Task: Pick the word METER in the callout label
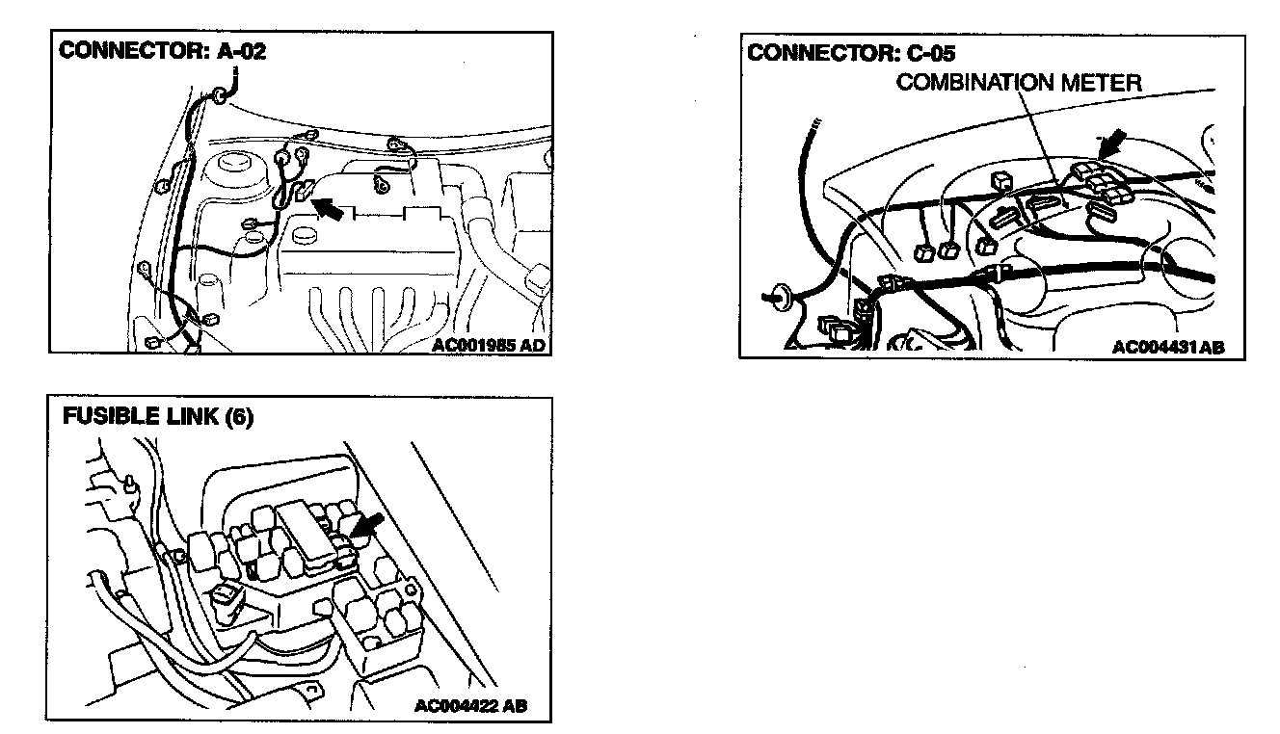point(1103,82)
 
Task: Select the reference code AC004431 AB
point(1166,348)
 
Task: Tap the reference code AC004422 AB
point(470,706)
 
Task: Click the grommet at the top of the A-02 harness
point(221,94)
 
